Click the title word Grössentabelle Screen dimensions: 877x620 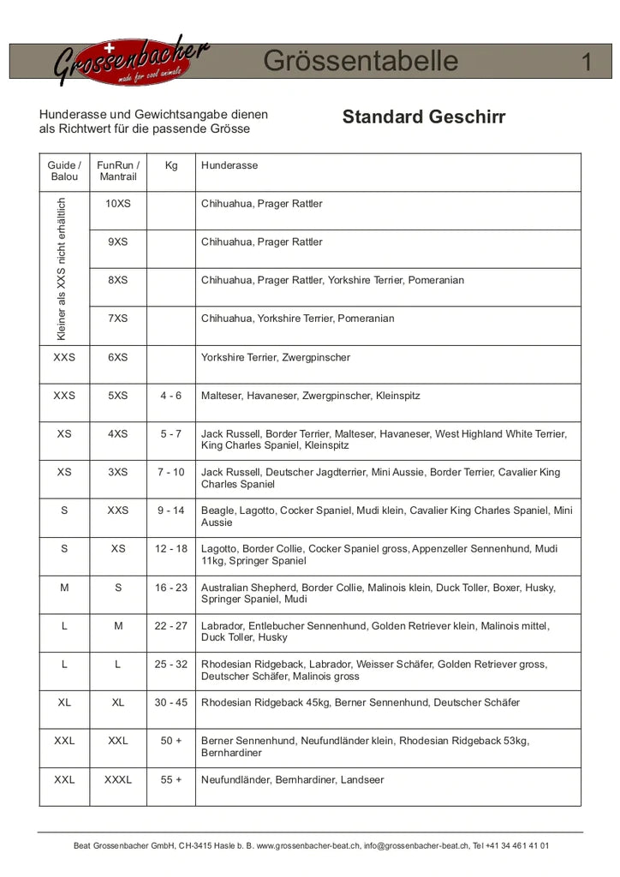(x=361, y=62)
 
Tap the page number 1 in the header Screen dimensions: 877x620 (x=587, y=62)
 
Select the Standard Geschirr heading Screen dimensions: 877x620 (x=423, y=117)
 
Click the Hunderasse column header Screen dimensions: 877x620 (x=230, y=165)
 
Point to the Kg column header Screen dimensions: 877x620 (x=171, y=165)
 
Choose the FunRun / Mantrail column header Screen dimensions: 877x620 (x=118, y=171)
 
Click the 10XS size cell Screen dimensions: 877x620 (x=118, y=204)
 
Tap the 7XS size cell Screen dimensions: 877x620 (x=118, y=319)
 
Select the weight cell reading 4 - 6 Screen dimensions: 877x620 (x=171, y=396)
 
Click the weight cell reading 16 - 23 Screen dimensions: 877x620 (x=171, y=588)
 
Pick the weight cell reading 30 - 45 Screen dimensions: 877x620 (x=171, y=702)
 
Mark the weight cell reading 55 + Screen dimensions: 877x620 (x=171, y=780)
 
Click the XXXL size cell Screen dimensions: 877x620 (x=118, y=780)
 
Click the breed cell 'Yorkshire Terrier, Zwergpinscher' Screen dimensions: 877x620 (x=276, y=357)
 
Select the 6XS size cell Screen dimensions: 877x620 (x=118, y=357)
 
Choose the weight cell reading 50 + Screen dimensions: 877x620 (x=171, y=741)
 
